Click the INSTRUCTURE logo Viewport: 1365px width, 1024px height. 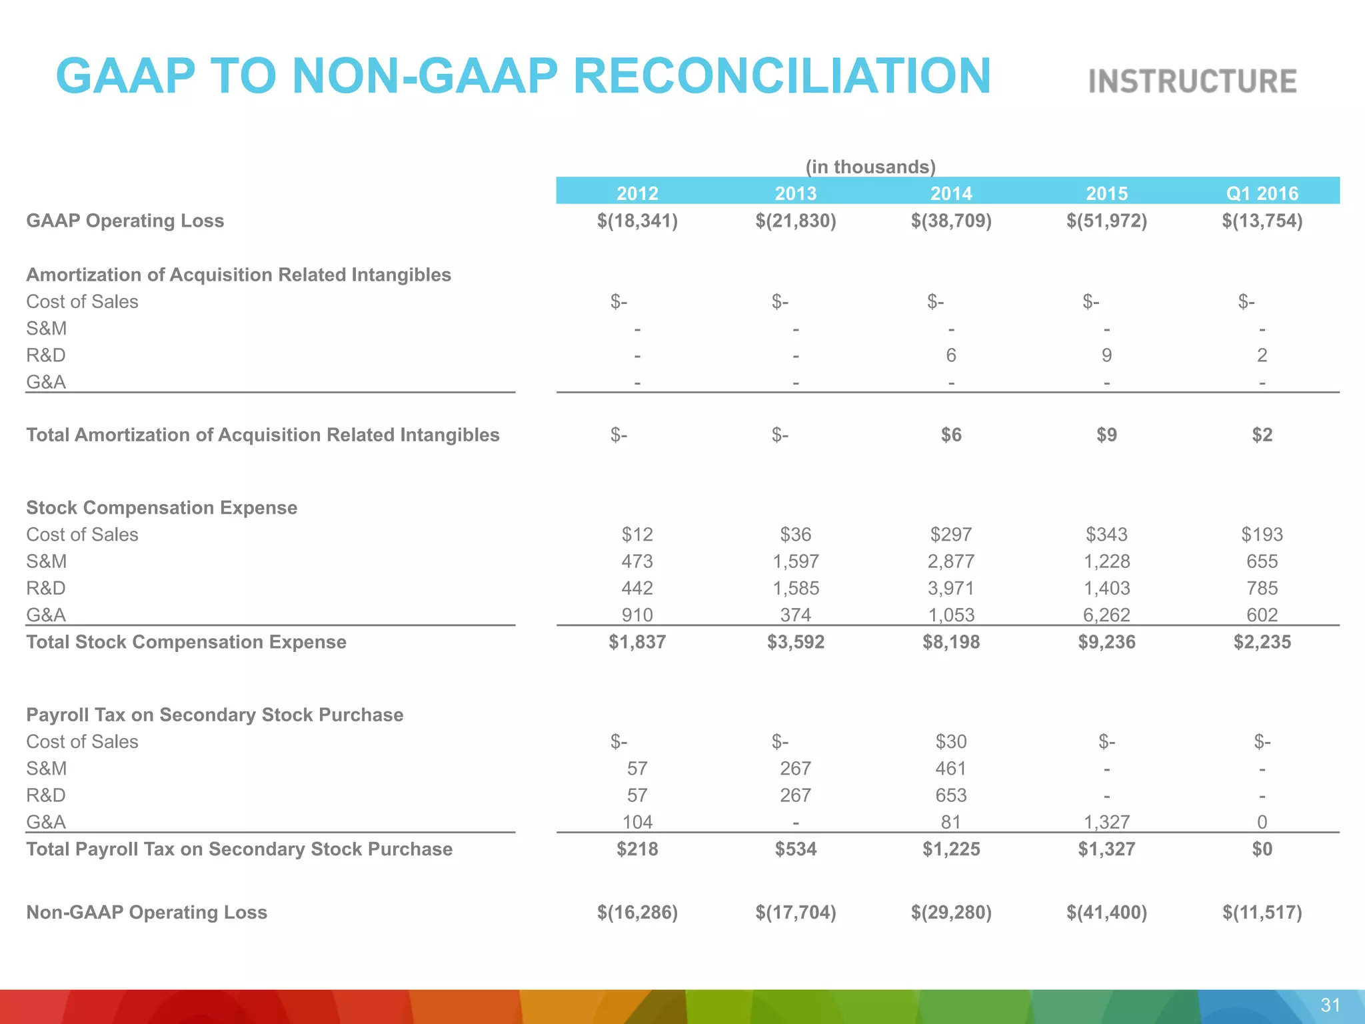[x=1192, y=81]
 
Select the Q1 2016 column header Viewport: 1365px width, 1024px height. [x=1262, y=193]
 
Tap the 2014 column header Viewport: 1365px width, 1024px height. [x=951, y=193]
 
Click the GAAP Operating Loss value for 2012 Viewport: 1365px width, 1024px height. [x=637, y=221]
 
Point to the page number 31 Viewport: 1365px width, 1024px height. [x=1330, y=1005]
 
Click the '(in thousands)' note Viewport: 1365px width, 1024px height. [x=870, y=167]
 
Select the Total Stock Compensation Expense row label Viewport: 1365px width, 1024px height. [x=186, y=642]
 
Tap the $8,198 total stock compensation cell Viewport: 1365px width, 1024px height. [x=951, y=642]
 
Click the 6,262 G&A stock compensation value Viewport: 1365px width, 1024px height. [x=1106, y=615]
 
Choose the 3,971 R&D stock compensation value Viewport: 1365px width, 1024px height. [x=951, y=588]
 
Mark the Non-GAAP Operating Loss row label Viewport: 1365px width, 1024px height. [x=147, y=912]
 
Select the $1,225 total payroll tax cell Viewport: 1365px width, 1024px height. [x=951, y=849]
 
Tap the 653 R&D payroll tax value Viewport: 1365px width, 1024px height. [x=951, y=795]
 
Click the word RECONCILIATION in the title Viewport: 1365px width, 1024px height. [x=782, y=76]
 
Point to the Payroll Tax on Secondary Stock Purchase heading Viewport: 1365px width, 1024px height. [x=215, y=715]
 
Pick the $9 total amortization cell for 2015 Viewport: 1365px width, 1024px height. [x=1106, y=435]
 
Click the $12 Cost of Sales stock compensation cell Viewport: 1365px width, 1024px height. [x=637, y=535]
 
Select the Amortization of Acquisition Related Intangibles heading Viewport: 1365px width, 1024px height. [x=239, y=275]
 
